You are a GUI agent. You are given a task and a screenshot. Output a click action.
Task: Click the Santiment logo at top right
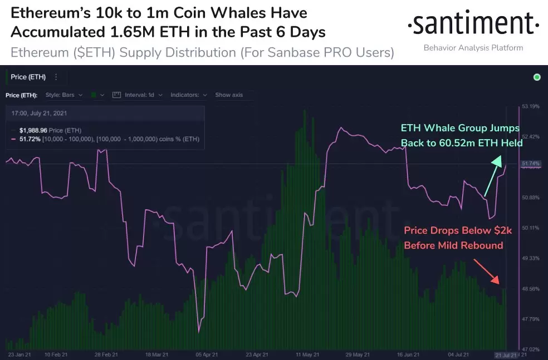click(x=473, y=24)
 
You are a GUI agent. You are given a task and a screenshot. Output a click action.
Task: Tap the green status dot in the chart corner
click(x=537, y=77)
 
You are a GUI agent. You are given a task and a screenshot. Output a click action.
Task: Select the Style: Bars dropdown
click(x=64, y=95)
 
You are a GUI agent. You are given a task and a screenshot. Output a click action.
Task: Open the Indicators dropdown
click(x=189, y=95)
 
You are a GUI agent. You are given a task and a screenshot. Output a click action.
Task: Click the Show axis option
click(x=229, y=95)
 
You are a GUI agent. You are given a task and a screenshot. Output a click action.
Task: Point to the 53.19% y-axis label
click(x=532, y=106)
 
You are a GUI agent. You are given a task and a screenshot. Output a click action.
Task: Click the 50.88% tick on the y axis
click(x=532, y=198)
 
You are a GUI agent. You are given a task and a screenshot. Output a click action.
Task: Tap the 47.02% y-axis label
click(x=532, y=349)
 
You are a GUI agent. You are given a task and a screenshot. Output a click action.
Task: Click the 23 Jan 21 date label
click(x=19, y=354)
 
